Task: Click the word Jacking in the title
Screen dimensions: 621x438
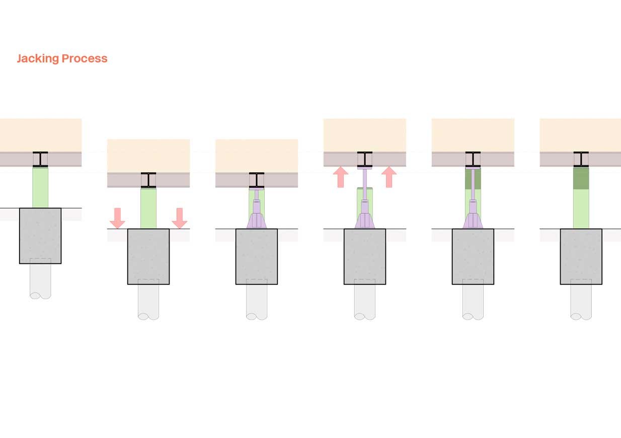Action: coord(38,59)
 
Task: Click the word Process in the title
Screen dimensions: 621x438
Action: coord(85,58)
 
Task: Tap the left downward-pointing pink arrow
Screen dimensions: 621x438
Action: coord(118,218)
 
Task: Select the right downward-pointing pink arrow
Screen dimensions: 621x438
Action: coord(180,218)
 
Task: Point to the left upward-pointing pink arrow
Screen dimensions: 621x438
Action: coord(341,177)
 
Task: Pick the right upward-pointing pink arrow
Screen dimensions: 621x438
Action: coord(389,177)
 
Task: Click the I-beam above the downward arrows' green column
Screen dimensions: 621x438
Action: coord(148,180)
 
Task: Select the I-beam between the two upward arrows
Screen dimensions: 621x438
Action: coord(364,159)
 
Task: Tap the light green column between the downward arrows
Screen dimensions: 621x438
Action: coord(148,208)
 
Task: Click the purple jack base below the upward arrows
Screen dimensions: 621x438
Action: coord(365,221)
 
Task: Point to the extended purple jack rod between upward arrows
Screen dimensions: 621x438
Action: coord(364,184)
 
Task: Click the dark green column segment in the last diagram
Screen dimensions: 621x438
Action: coord(581,178)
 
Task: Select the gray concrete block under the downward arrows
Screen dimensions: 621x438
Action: coord(148,257)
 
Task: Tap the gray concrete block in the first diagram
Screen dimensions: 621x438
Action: coord(40,236)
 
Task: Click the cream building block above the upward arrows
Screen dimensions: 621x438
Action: coord(364,135)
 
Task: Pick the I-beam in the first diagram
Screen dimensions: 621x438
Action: coord(40,159)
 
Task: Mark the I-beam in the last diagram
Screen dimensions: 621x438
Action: coord(581,159)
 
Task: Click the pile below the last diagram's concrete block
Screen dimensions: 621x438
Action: coord(581,300)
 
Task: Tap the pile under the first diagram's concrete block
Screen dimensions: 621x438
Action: coord(40,279)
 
